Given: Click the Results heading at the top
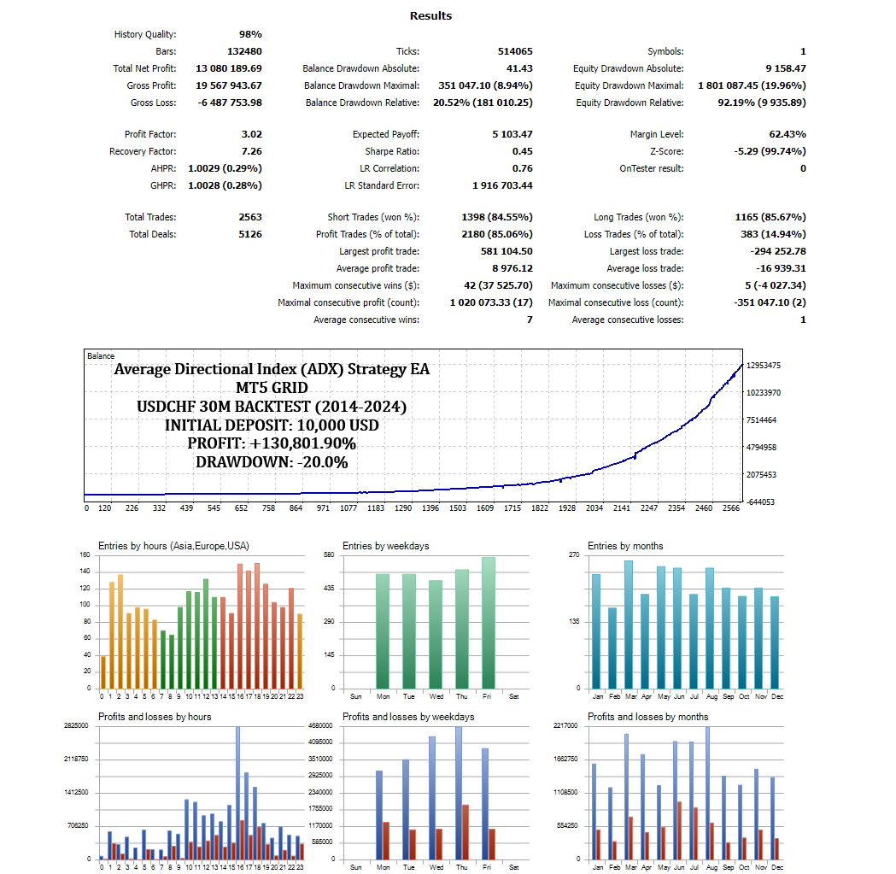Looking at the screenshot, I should pos(430,15).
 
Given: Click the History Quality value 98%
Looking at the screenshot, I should pos(250,34).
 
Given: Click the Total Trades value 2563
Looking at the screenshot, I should pos(250,217).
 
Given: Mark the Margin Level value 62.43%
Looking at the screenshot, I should pos(788,134).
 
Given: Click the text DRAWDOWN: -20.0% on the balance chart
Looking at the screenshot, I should pos(272,462).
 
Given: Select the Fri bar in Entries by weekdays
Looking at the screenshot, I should pos(488,623).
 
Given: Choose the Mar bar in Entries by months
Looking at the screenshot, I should pos(629,625).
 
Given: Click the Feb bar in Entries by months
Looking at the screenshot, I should pos(612,648).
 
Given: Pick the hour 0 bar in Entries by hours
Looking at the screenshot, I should pos(103,672).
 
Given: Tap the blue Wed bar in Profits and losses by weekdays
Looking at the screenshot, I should pos(432,797).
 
